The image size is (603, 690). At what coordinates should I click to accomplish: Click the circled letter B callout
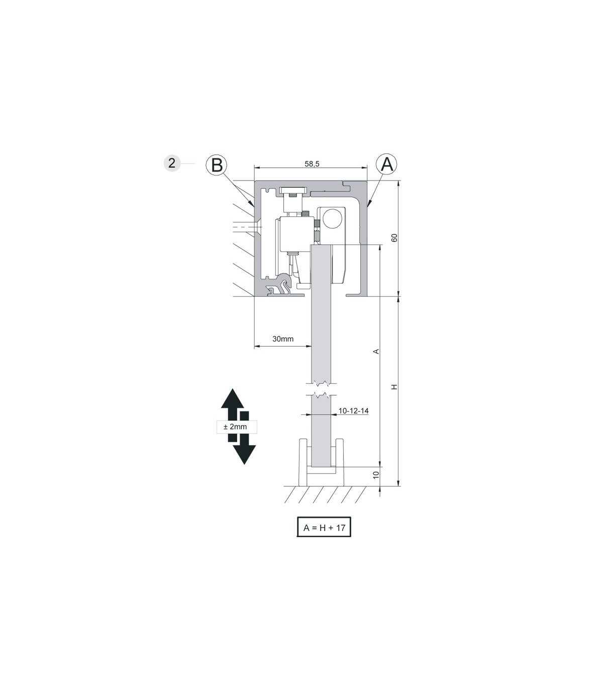pyautogui.click(x=217, y=165)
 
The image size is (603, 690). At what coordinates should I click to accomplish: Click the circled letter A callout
pyautogui.click(x=387, y=164)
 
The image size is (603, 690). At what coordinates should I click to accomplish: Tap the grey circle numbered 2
pyautogui.click(x=172, y=163)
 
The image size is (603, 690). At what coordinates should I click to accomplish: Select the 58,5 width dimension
pyautogui.click(x=312, y=163)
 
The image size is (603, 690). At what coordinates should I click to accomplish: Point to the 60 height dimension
pyautogui.click(x=394, y=237)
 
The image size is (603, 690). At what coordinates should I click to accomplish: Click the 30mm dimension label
pyautogui.click(x=283, y=339)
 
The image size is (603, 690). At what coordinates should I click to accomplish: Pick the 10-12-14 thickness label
pyautogui.click(x=353, y=411)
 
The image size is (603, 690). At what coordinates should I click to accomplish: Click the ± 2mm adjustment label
pyautogui.click(x=235, y=426)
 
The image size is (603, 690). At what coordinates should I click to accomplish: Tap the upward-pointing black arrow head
pyautogui.click(x=232, y=398)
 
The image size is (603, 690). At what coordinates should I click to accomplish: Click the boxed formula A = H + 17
pyautogui.click(x=324, y=528)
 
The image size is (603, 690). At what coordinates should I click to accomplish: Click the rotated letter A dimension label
pyautogui.click(x=376, y=351)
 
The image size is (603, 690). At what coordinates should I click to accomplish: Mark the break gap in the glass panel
pyautogui.click(x=322, y=389)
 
